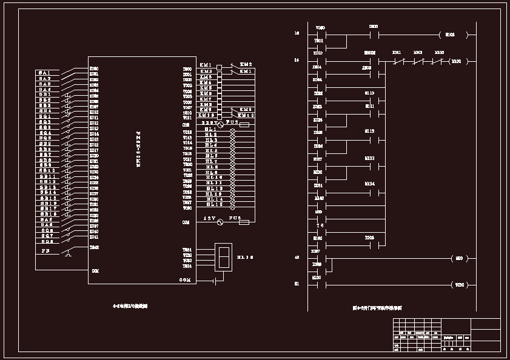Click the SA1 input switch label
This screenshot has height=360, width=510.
(x=45, y=73)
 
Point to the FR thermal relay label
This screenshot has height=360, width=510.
(x=45, y=250)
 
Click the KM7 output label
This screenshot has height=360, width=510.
(x=206, y=99)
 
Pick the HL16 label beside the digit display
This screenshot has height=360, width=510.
(x=244, y=258)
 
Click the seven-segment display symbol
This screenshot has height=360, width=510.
(x=223, y=257)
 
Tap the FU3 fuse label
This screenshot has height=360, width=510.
(x=235, y=217)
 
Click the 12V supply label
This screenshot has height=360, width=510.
(x=209, y=218)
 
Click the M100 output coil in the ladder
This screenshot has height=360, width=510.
(x=457, y=61)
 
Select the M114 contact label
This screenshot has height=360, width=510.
(x=370, y=183)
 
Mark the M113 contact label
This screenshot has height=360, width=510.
(x=370, y=158)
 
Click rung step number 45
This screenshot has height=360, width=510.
(x=297, y=258)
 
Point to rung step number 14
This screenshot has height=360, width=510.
(x=297, y=60)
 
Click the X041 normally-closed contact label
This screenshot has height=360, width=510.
(x=397, y=53)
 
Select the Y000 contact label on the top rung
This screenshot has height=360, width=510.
(x=321, y=27)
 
